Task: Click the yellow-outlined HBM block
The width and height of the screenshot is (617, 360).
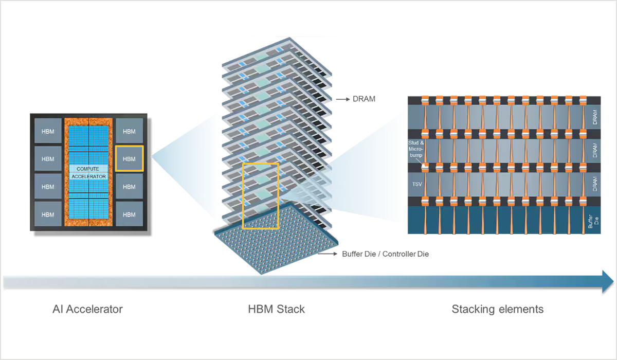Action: (x=129, y=159)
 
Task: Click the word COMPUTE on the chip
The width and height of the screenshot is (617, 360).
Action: (x=88, y=169)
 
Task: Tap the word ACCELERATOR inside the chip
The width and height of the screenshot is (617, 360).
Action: (x=88, y=176)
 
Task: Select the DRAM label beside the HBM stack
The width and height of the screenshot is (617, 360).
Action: (x=364, y=99)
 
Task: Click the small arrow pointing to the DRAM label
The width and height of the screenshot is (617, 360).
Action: (x=341, y=99)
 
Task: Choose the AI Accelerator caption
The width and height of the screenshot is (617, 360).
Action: (x=87, y=309)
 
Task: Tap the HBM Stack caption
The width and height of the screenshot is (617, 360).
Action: (x=276, y=309)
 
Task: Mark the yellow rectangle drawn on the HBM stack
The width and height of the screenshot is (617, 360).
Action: (x=260, y=195)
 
